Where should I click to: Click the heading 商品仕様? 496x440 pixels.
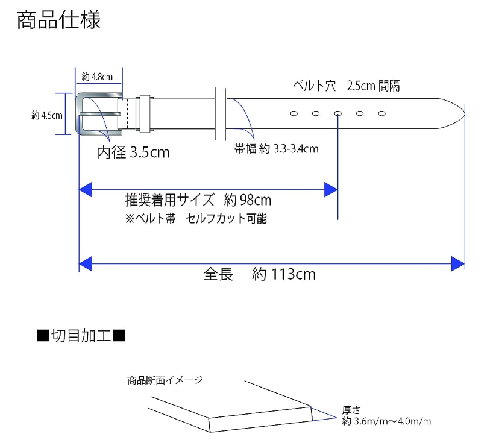click(x=58, y=20)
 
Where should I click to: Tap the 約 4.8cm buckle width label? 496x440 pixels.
click(x=97, y=77)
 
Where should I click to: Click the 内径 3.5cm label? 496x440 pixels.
click(x=133, y=152)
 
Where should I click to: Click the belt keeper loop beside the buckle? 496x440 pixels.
click(x=145, y=113)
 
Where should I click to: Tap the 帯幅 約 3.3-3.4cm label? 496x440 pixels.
click(x=276, y=149)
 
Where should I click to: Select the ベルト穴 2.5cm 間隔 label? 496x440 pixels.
click(x=346, y=86)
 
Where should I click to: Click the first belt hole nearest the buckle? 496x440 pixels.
click(x=294, y=113)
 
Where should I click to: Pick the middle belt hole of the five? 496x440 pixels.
click(x=338, y=113)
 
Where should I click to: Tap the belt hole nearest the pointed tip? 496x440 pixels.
click(x=381, y=113)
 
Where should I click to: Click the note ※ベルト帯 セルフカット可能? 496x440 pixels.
click(x=196, y=219)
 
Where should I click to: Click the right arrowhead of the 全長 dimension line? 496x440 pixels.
click(x=458, y=263)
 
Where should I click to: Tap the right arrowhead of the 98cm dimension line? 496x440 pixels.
click(x=330, y=190)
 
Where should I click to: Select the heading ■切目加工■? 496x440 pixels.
click(x=81, y=335)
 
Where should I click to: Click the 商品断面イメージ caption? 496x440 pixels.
click(x=165, y=380)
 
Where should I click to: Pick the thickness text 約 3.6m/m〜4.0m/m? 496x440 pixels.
click(x=386, y=421)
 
